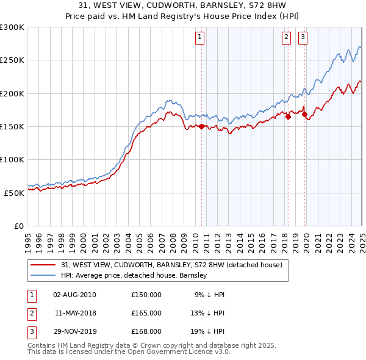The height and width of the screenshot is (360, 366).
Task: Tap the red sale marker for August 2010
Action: [x=201, y=126]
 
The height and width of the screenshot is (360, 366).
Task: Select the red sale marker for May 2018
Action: [x=287, y=117]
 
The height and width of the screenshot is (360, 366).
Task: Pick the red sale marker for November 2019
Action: [x=304, y=114]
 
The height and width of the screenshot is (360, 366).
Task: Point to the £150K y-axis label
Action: [x=12, y=126]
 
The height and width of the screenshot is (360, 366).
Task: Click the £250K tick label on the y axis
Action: [x=12, y=60]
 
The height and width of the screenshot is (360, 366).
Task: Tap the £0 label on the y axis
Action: [x=18, y=226]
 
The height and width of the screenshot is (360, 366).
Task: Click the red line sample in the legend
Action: [x=43, y=265]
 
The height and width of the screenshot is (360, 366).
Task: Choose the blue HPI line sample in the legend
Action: [x=43, y=276]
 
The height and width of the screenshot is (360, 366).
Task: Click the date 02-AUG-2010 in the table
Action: [x=74, y=294]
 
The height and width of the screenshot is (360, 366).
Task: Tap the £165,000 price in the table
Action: [x=146, y=313]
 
